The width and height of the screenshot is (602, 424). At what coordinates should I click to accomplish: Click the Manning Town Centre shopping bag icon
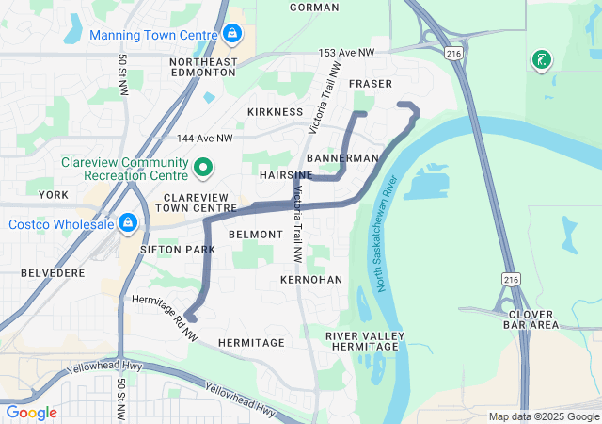click(x=232, y=35)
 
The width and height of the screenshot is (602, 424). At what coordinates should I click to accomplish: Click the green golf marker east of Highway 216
click(x=541, y=61)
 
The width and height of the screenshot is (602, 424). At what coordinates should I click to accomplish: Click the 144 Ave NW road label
click(x=204, y=139)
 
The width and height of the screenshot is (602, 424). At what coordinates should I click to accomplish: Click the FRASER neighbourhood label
click(x=370, y=84)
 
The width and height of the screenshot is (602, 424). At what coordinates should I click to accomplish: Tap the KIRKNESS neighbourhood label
click(x=275, y=112)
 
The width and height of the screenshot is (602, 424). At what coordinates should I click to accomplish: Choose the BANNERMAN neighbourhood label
click(x=342, y=158)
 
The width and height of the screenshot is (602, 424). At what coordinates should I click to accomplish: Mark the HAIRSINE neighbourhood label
click(x=286, y=175)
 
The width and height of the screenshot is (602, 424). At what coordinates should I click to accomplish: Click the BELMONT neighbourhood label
click(x=255, y=234)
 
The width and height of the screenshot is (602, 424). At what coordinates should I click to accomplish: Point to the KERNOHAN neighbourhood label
click(x=311, y=281)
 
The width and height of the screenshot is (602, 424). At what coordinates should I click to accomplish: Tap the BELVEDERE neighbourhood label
click(x=53, y=272)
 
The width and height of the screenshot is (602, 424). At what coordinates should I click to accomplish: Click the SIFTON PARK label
click(x=177, y=249)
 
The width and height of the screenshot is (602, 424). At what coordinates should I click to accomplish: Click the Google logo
click(x=31, y=413)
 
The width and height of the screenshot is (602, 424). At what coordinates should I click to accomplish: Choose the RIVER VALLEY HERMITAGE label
click(x=365, y=342)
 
